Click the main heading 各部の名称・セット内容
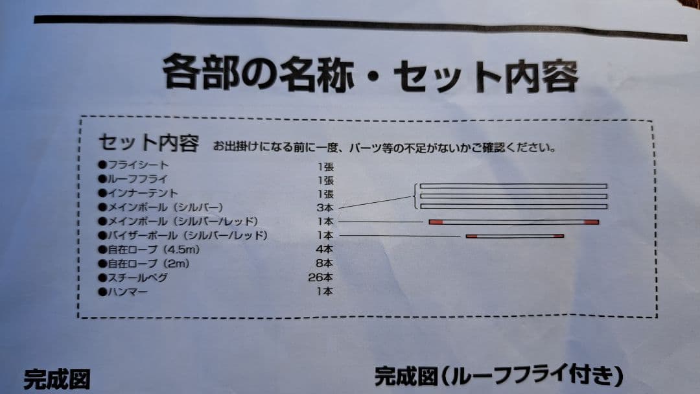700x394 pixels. pos(371,74)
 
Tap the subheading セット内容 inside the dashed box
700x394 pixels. pos(149,143)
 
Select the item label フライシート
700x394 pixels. pos(134,165)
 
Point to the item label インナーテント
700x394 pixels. pos(138,193)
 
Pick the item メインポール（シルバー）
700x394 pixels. pos(161,207)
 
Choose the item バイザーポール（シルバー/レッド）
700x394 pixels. pos(183,235)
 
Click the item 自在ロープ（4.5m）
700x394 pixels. pos(149,249)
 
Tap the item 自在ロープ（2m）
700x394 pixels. pos(144,263)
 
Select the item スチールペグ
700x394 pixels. pos(133,277)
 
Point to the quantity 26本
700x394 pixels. pos(321,277)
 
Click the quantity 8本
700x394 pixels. pos(325,263)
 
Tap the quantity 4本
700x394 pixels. pos(325,249)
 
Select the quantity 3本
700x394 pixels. pos(325,207)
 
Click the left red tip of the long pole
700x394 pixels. pos(436,222)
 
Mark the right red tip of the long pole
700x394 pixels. pos(592,222)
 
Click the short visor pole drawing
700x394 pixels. pos(515,236)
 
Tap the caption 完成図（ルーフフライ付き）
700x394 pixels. pos(498,376)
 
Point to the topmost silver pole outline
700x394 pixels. pos(513,185)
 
